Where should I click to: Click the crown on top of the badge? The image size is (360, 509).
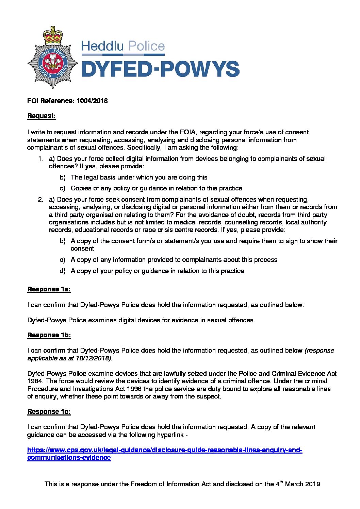tap(53, 34)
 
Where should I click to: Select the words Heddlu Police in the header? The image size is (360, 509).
tap(123, 46)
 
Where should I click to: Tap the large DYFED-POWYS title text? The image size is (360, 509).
tap(160, 69)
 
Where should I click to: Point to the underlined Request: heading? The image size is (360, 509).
tap(41, 116)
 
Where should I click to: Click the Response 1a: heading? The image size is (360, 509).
tap(49, 289)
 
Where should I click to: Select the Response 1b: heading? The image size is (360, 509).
tap(49, 335)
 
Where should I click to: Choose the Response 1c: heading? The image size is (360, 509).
tap(49, 411)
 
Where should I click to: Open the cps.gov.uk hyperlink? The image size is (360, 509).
tap(165, 450)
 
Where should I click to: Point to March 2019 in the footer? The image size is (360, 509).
tap(302, 484)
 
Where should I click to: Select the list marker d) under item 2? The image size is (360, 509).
tap(63, 271)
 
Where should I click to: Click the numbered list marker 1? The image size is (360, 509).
tap(41, 158)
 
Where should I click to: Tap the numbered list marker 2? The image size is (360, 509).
tap(41, 199)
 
